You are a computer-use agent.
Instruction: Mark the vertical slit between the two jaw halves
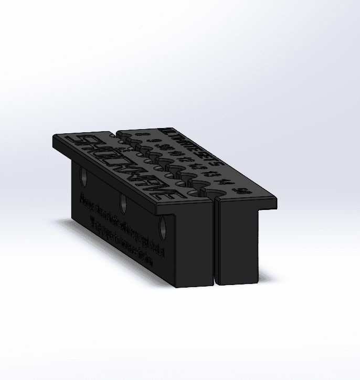pos(216,241)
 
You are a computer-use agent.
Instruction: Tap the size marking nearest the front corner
pos(241,191)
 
